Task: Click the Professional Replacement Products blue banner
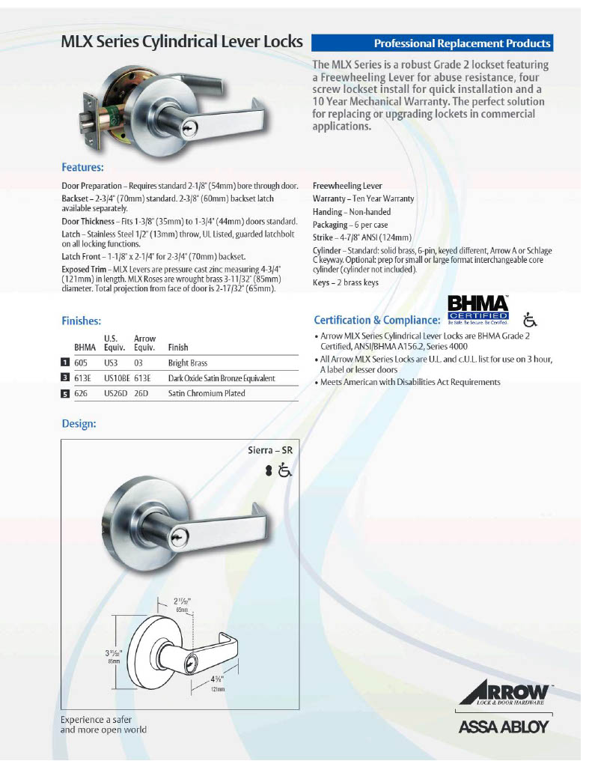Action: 432,43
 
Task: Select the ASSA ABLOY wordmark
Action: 502,726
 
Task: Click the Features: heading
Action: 82,167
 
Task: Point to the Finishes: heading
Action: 81,321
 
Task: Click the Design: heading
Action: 79,424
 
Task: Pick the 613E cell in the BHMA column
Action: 85,378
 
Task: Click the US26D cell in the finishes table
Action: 115,393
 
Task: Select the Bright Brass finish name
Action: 189,363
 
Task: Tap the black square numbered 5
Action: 65,393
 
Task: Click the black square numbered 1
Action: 65,363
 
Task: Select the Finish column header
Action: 178,348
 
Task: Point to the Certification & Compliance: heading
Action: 376,320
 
